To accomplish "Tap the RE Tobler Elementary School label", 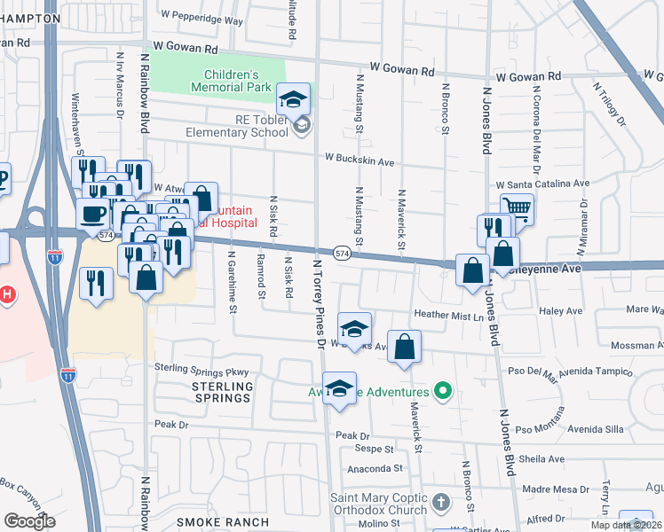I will click(x=237, y=125).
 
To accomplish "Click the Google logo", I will click(x=29, y=521).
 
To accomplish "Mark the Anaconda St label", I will click(x=375, y=467).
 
